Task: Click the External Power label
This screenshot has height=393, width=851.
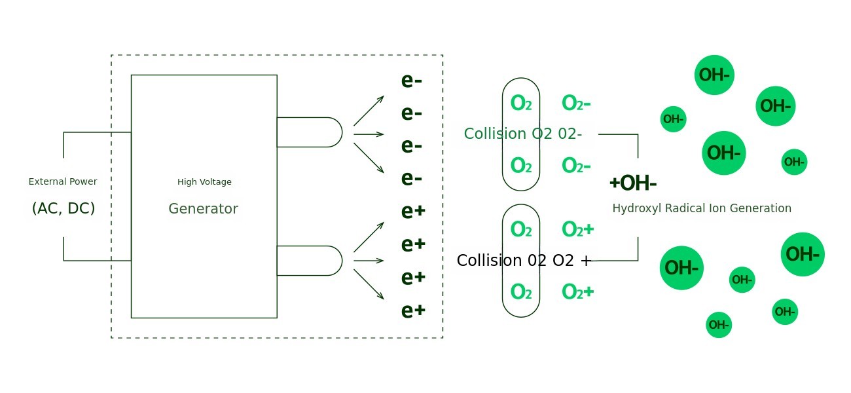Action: (x=63, y=181)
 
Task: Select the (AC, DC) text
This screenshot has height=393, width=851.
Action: (x=63, y=208)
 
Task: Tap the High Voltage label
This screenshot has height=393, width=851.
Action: (x=204, y=182)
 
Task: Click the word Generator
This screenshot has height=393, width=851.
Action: (x=203, y=209)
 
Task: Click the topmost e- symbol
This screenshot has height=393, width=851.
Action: (x=412, y=81)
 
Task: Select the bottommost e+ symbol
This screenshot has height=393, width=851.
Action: (x=414, y=310)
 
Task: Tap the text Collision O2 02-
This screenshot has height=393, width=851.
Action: (x=522, y=134)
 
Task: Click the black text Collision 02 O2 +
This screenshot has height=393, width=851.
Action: (x=524, y=261)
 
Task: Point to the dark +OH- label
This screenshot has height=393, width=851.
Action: (x=633, y=183)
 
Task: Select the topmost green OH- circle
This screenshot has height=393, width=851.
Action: (x=714, y=75)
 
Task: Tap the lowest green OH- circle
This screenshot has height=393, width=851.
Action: (x=719, y=325)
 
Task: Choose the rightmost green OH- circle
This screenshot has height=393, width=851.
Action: (x=803, y=254)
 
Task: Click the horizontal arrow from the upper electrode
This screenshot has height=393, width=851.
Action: (x=369, y=134)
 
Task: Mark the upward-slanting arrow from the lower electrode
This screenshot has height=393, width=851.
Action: (x=369, y=237)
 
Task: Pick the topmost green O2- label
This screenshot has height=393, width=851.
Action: (x=576, y=103)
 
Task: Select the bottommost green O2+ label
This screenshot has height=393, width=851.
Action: (x=578, y=292)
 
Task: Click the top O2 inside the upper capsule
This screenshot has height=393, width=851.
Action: (x=521, y=103)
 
